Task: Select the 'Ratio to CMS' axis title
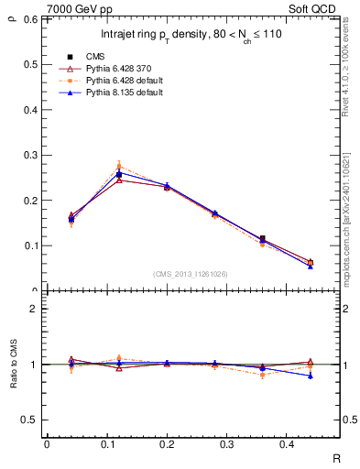pyautogui.click(x=12, y=366)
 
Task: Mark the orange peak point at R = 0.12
pyautogui.click(x=119, y=166)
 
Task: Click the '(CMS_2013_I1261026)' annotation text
pyautogui.click(x=191, y=274)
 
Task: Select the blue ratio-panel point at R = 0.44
pyautogui.click(x=311, y=376)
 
